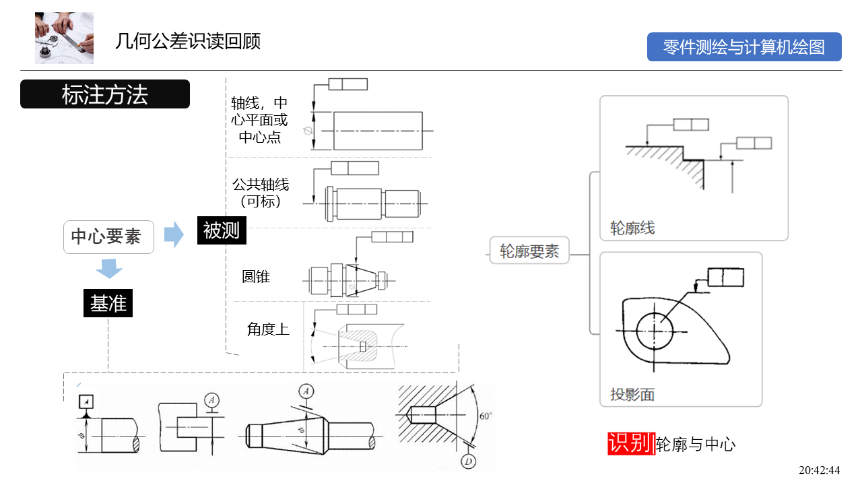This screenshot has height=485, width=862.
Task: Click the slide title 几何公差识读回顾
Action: point(188,42)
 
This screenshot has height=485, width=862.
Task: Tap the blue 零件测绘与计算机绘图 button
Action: point(744,47)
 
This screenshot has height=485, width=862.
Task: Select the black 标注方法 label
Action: point(105,94)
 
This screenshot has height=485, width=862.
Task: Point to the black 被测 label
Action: point(222,231)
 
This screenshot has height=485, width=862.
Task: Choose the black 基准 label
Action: point(108,304)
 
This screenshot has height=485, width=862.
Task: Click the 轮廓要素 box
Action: point(529,252)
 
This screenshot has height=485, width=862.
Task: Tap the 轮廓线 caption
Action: point(632,228)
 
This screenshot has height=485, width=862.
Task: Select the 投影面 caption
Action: point(632,395)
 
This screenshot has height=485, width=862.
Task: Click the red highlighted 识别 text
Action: point(630,443)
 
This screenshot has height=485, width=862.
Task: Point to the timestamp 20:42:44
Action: point(819,470)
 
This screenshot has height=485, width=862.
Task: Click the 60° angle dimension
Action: point(485,416)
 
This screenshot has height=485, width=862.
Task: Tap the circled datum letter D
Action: point(468,461)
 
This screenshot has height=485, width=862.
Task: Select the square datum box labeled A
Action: point(86,401)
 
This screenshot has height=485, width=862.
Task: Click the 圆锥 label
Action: point(256,276)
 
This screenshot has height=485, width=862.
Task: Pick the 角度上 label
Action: point(268,329)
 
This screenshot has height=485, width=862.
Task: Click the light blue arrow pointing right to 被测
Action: point(174,234)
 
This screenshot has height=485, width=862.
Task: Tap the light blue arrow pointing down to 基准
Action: point(108,269)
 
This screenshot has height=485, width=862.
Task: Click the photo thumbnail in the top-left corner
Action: point(64,38)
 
